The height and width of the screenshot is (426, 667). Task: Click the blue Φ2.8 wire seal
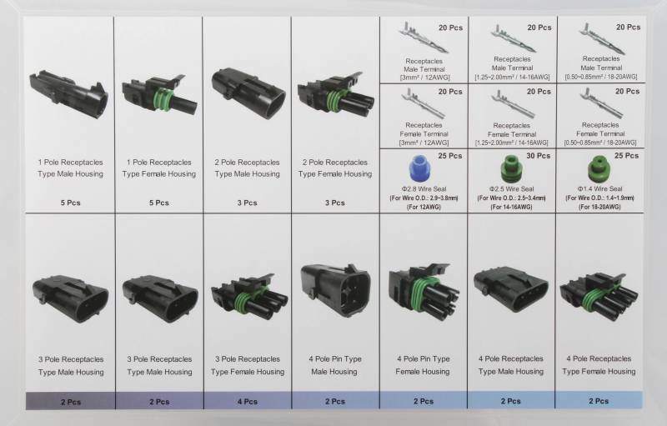pos(421,168)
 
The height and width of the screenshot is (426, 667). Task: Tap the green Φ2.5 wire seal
pos(511,168)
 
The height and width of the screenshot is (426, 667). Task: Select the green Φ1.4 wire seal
pos(599,168)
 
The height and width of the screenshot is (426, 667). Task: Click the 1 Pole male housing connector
pos(68,94)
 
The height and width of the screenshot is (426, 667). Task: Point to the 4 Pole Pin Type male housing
pos(335,290)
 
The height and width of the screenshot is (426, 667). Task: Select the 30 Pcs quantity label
pos(538,156)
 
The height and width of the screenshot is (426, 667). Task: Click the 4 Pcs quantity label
pos(248,401)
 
